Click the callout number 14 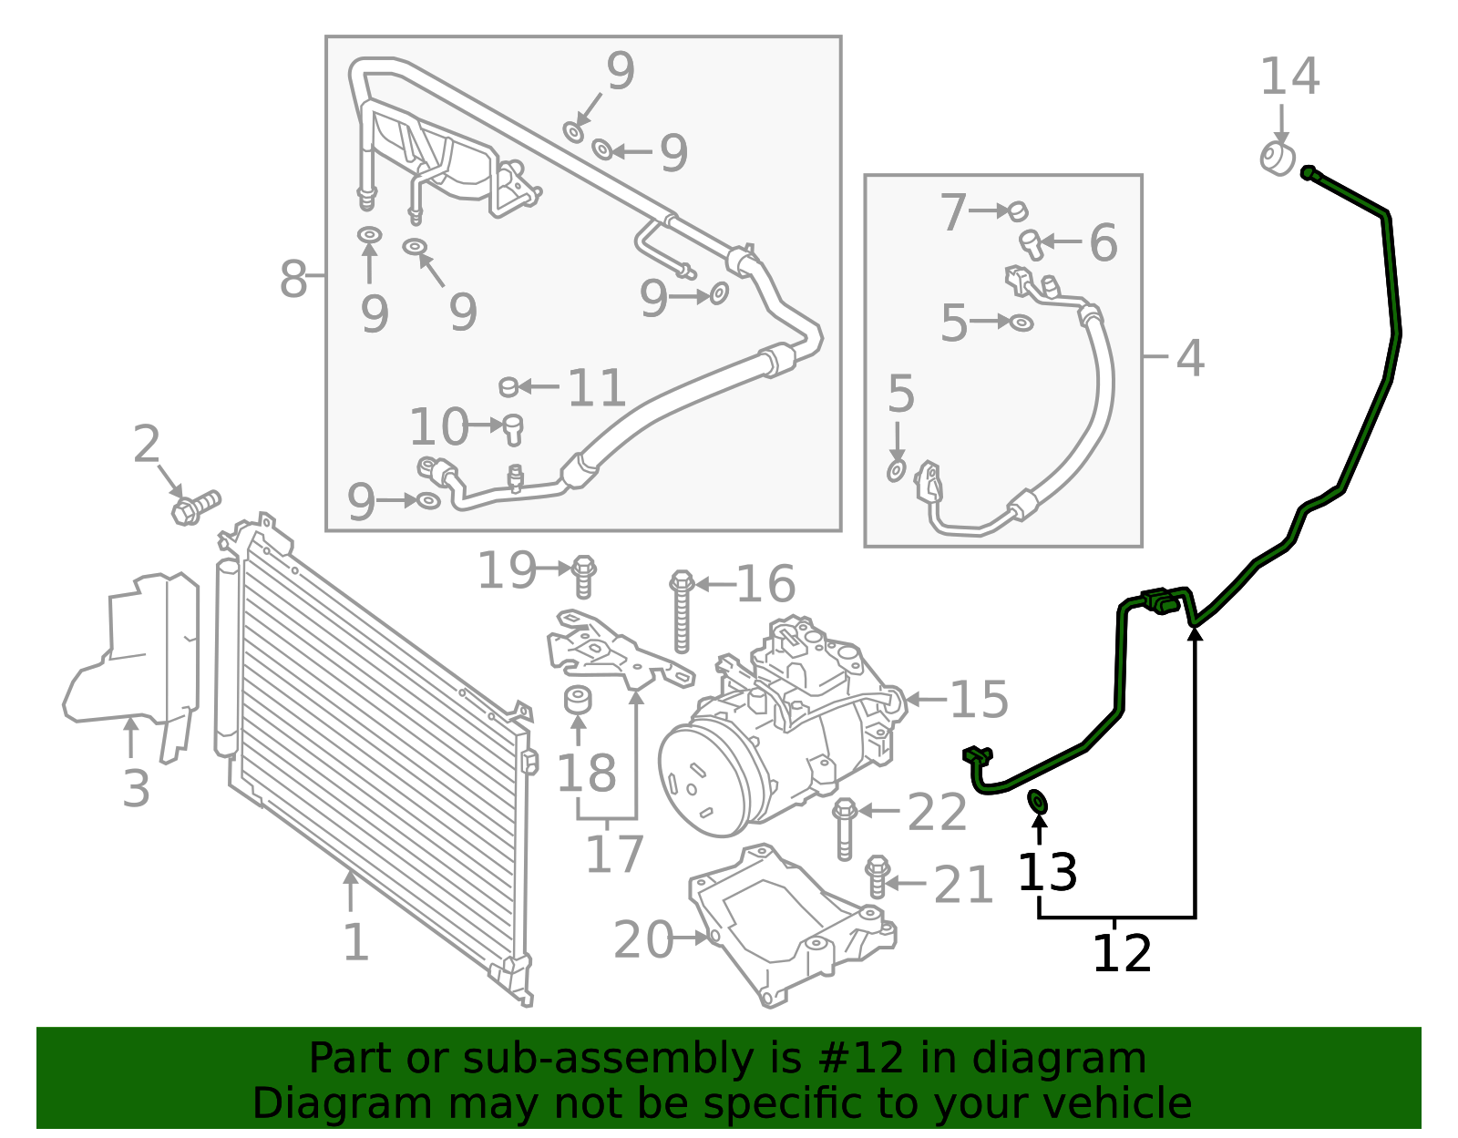(1289, 77)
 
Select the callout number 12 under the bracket (1122, 953)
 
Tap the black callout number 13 (1047, 872)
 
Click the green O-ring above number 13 (1037, 802)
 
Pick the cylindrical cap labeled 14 (1278, 159)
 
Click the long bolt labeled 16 (682, 611)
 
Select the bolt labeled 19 (584, 577)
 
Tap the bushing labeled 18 (578, 700)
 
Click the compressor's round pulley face (703, 777)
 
